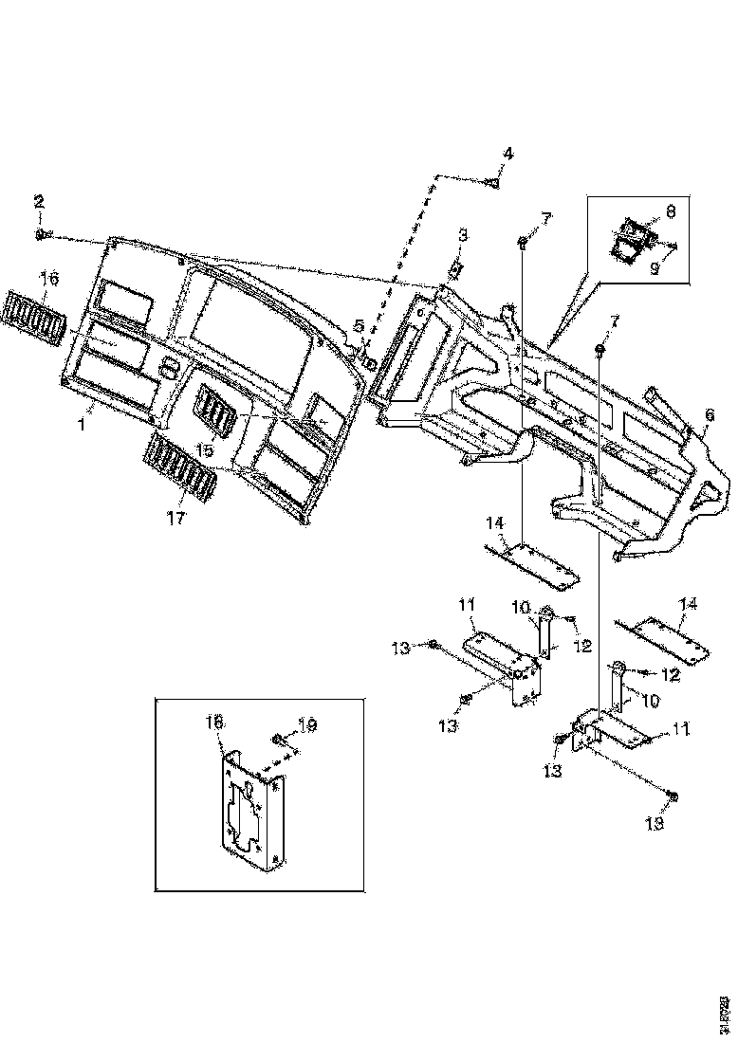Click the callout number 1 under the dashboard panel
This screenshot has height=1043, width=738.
(x=81, y=426)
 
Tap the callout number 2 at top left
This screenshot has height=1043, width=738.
(x=39, y=201)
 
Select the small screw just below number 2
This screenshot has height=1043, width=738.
(x=41, y=233)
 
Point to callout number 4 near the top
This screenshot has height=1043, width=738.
(x=507, y=154)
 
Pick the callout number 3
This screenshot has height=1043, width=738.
(x=463, y=234)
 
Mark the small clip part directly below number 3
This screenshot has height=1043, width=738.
(x=455, y=269)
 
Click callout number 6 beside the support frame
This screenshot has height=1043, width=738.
(x=709, y=414)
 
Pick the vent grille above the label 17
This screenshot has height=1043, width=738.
(x=180, y=467)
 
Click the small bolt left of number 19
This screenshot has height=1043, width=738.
(x=277, y=739)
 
